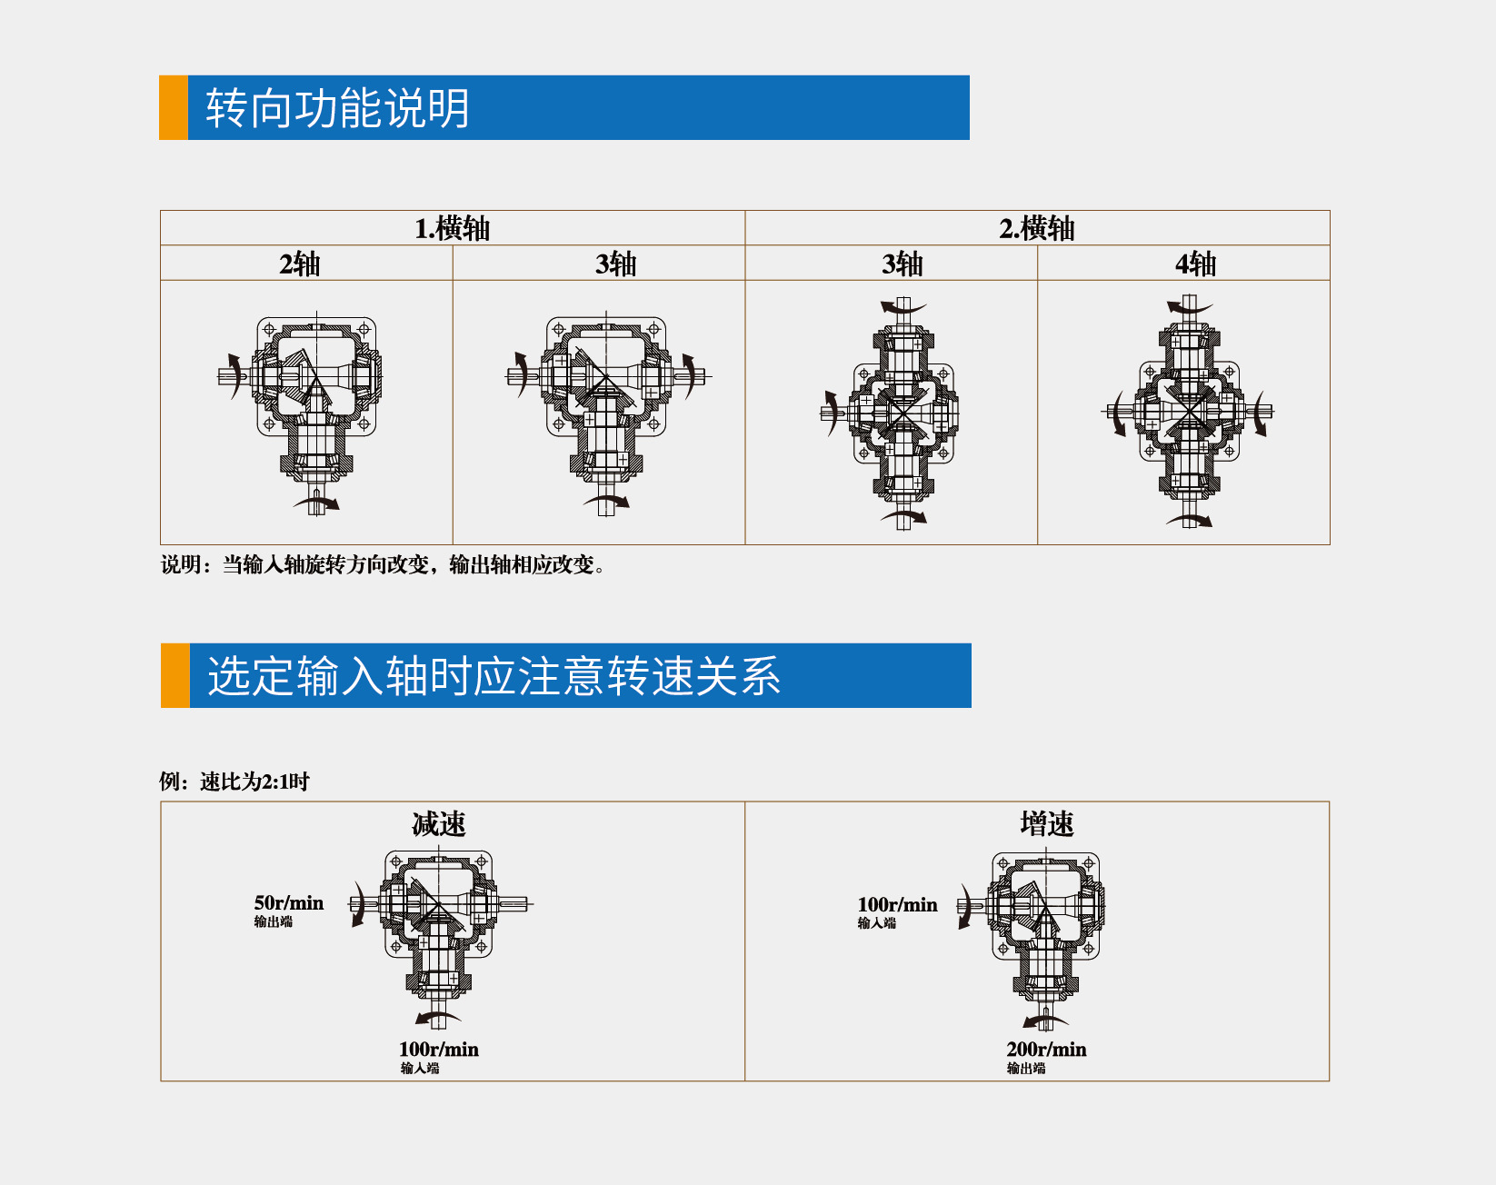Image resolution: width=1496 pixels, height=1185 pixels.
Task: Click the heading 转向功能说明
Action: (337, 108)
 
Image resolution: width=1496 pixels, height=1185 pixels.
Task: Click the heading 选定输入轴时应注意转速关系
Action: (494, 676)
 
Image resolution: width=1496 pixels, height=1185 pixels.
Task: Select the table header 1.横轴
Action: (452, 228)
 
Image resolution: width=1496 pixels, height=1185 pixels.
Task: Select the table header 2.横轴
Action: (1036, 228)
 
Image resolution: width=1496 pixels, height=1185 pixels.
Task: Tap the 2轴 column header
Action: (300, 264)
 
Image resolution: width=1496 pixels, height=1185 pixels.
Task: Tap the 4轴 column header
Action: (1195, 264)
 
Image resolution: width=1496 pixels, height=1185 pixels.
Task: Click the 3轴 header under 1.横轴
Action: (615, 264)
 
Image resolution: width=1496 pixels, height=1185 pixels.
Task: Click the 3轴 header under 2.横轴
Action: (902, 264)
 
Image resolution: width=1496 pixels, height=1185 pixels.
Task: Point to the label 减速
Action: (439, 824)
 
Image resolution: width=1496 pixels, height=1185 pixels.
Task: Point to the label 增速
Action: (1047, 824)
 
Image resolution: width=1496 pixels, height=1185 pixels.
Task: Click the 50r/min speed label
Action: (288, 903)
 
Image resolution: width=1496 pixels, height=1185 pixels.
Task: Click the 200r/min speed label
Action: (1046, 1050)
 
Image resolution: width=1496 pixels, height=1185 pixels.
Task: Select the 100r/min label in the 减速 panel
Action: (438, 1050)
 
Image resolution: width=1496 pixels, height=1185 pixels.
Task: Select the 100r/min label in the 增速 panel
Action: (897, 905)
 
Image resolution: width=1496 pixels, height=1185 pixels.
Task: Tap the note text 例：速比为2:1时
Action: (234, 782)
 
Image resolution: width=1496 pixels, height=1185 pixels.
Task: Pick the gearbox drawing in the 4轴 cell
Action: (1189, 411)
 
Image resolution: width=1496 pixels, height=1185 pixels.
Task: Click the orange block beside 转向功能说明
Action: (174, 108)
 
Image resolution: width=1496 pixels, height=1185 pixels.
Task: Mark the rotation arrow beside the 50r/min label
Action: (360, 905)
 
